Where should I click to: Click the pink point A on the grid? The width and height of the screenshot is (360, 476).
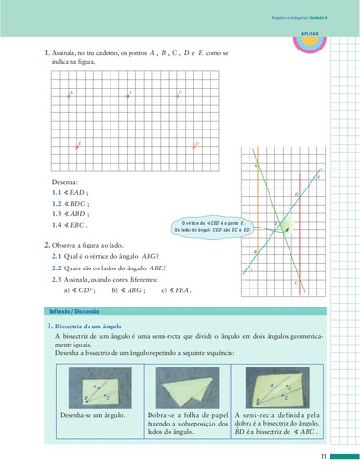coord(70,94)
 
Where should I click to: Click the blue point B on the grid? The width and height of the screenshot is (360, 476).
coord(127,93)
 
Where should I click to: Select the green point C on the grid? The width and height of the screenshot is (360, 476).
coord(178,94)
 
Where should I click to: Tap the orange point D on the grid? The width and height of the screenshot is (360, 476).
coord(195,145)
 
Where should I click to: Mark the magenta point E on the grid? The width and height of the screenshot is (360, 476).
coord(78,145)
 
